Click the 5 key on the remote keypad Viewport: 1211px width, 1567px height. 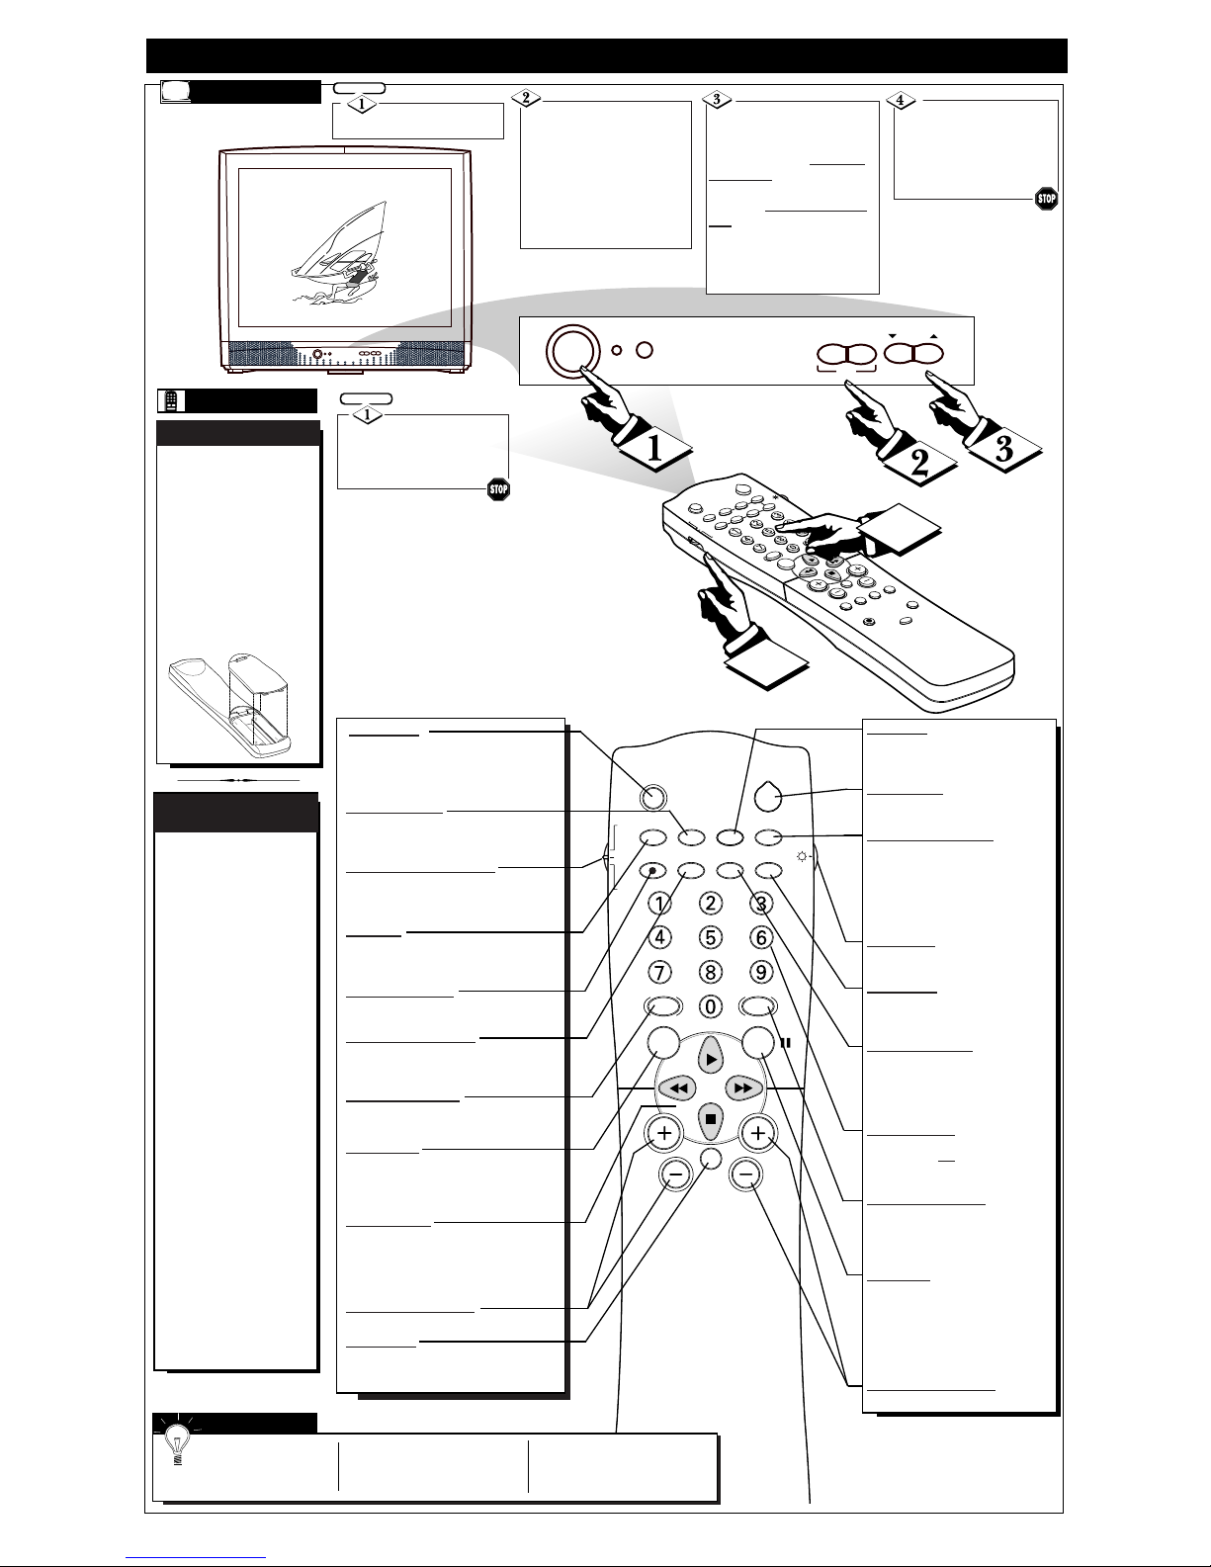(x=710, y=937)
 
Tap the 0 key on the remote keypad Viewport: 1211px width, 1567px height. (x=710, y=1006)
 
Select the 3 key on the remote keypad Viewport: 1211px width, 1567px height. (x=761, y=903)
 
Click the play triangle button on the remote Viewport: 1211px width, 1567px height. (x=711, y=1059)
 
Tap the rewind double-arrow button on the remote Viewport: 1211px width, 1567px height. (x=678, y=1088)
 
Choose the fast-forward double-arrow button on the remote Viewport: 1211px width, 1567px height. (x=743, y=1088)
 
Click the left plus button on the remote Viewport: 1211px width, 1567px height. (x=664, y=1133)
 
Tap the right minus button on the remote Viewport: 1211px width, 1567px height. (x=746, y=1175)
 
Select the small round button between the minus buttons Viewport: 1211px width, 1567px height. (x=711, y=1158)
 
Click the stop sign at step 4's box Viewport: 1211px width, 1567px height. (x=1046, y=199)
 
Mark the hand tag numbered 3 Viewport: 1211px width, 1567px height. (x=1004, y=449)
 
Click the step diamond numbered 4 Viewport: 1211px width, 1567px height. (x=901, y=100)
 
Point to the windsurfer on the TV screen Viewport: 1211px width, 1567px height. (x=338, y=253)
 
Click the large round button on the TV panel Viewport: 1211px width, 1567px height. (x=573, y=350)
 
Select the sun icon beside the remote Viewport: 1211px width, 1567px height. (x=802, y=857)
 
